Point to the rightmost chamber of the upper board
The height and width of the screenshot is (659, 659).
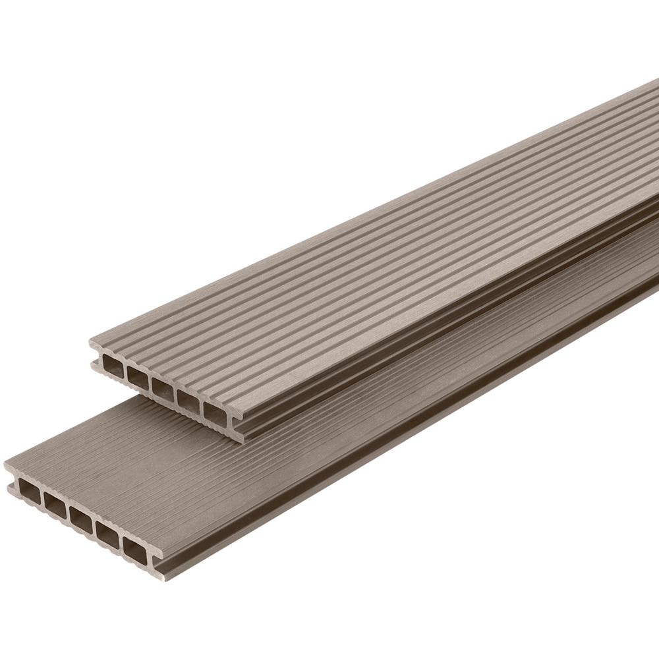click(x=214, y=411)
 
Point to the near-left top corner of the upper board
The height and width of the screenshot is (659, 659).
click(x=90, y=341)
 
